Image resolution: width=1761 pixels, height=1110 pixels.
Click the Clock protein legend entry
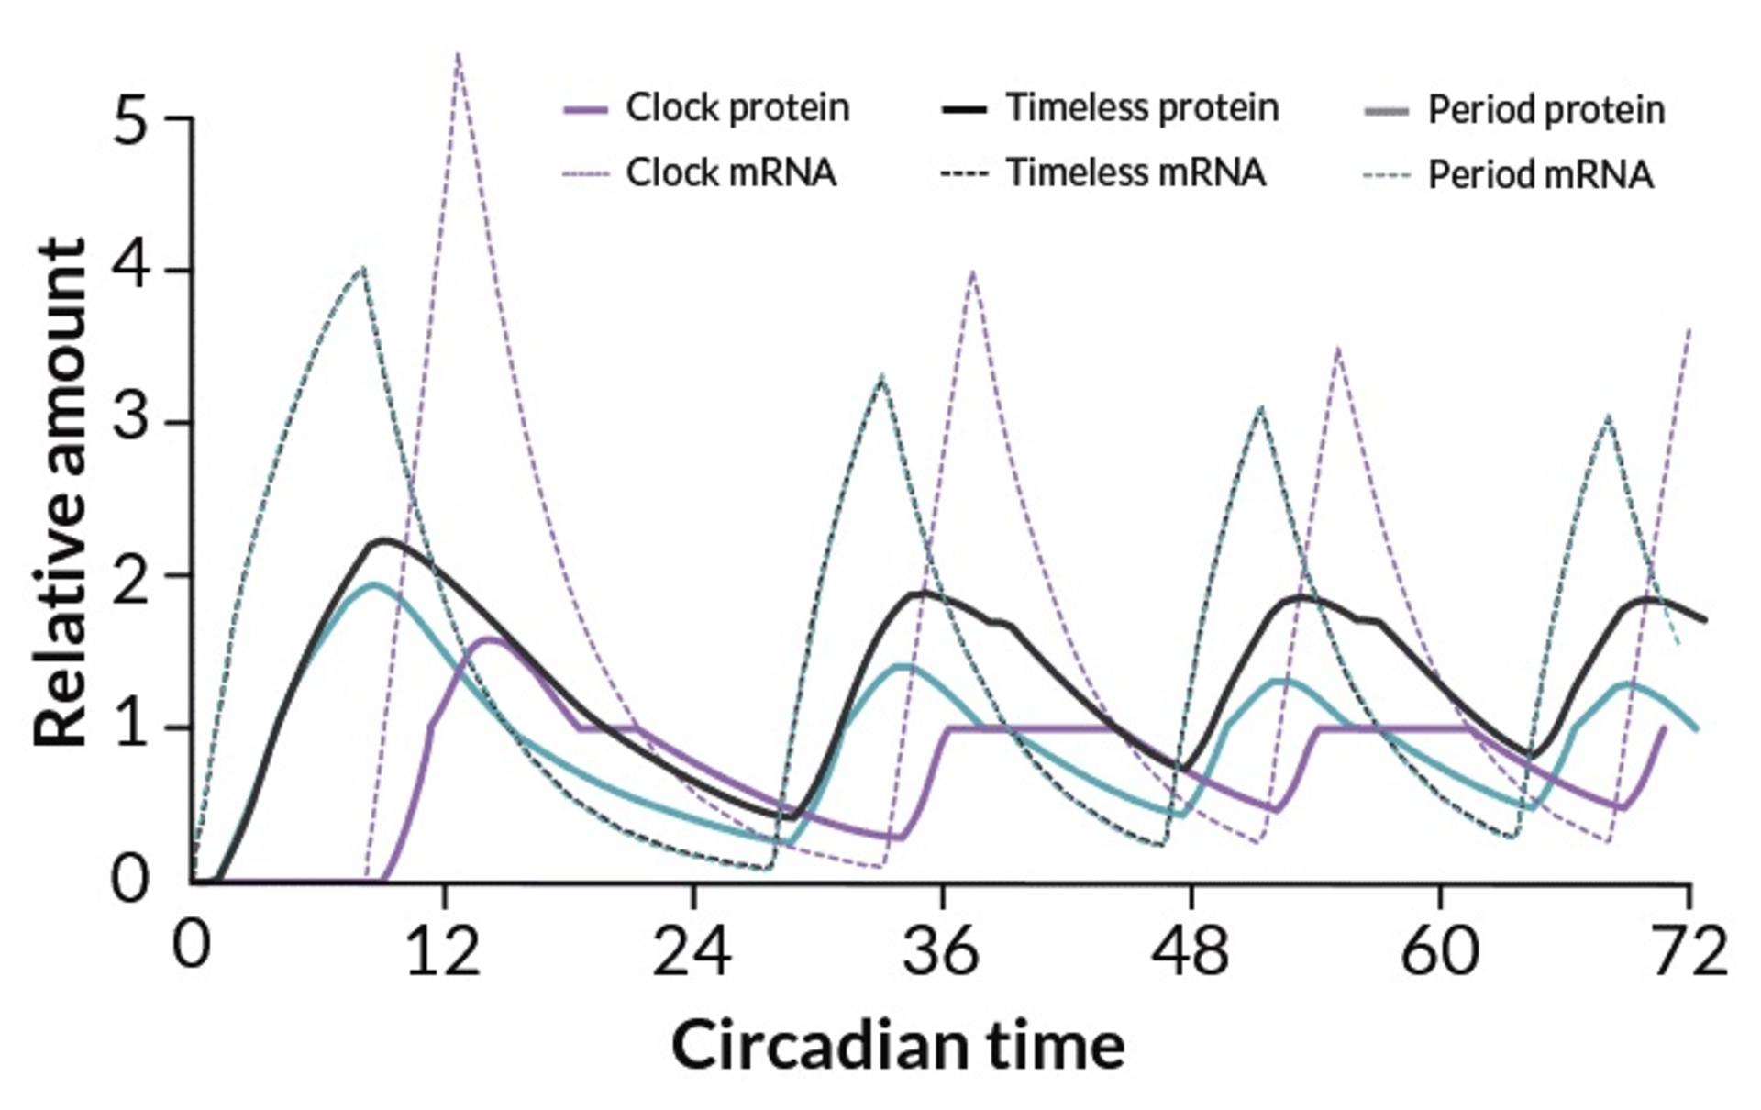pos(706,108)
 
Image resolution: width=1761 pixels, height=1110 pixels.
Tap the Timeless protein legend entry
pos(1110,108)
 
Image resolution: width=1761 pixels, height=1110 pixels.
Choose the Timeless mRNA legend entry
pos(1103,172)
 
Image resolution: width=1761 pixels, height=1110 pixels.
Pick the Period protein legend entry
pos(1514,110)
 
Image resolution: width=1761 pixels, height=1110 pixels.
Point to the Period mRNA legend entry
pos(1509,174)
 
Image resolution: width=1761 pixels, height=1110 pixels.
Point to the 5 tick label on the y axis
pos(130,118)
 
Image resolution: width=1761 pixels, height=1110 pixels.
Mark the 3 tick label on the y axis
pos(130,423)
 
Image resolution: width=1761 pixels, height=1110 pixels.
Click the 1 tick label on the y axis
pos(130,727)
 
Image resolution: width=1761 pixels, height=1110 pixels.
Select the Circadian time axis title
pos(898,1045)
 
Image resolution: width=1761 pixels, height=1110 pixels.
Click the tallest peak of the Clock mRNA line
pos(457,53)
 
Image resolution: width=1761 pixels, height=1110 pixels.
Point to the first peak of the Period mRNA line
pos(364,267)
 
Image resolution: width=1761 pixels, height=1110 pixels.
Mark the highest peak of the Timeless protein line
pos(383,540)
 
